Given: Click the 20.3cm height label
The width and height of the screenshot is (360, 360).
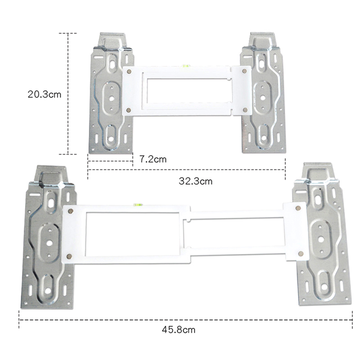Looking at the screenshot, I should (44, 94).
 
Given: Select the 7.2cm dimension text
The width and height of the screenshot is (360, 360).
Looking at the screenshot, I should (153, 159).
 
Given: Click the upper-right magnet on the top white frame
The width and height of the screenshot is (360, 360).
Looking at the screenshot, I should (243, 71).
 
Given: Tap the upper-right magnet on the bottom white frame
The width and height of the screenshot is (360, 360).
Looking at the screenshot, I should (298, 208).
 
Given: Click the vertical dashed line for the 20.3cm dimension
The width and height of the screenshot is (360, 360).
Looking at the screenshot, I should (68, 94).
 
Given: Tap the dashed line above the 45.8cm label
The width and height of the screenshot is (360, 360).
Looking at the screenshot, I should (184, 320).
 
